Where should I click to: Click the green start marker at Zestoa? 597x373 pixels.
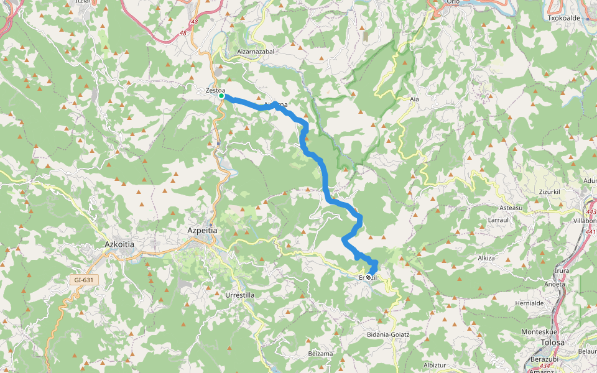pyautogui.click(x=221, y=96)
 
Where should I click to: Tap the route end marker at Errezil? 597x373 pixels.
pyautogui.click(x=369, y=277)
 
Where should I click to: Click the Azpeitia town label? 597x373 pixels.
pyautogui.click(x=202, y=230)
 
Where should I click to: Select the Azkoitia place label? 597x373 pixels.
pyautogui.click(x=119, y=244)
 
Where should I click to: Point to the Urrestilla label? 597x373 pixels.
pyautogui.click(x=239, y=294)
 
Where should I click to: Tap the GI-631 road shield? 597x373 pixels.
pyautogui.click(x=83, y=280)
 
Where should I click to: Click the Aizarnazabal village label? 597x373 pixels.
pyautogui.click(x=256, y=52)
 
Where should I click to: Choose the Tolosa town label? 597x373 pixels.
pyautogui.click(x=552, y=342)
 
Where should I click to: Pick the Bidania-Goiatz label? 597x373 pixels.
pyautogui.click(x=388, y=334)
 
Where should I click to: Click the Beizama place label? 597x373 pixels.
pyautogui.click(x=320, y=353)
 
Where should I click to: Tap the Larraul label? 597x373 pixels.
pyautogui.click(x=499, y=220)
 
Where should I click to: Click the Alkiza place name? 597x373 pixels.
pyautogui.click(x=486, y=257)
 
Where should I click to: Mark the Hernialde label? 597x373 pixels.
pyautogui.click(x=530, y=303)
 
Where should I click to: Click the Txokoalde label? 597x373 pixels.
pyautogui.click(x=563, y=18)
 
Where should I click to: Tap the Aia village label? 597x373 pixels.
pyautogui.click(x=415, y=99)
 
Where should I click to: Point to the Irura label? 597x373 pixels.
pyautogui.click(x=561, y=271)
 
